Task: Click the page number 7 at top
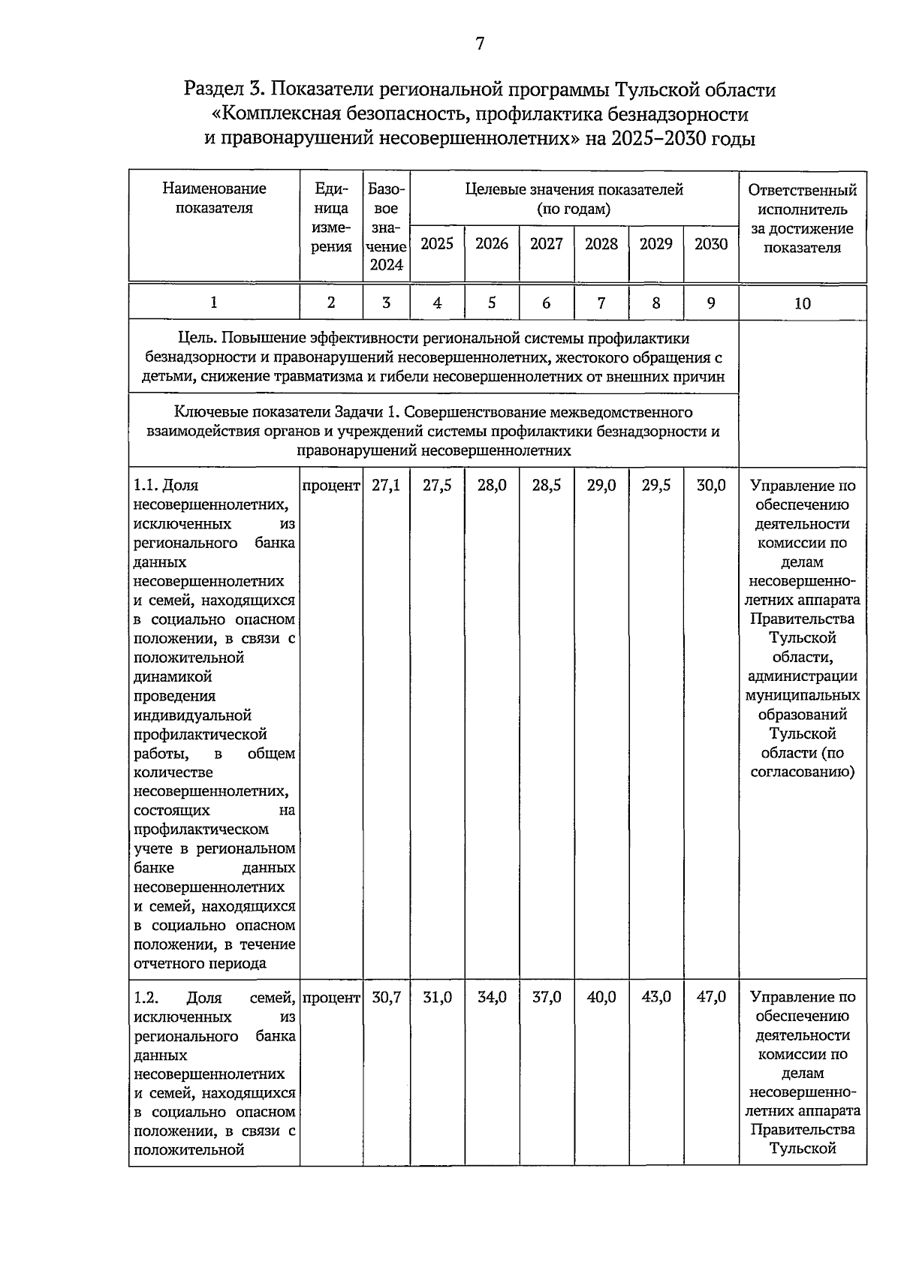(480, 44)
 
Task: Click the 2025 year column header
(437, 244)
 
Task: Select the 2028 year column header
(601, 244)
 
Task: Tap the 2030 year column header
(710, 244)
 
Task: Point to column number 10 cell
(802, 303)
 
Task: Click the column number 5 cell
(492, 303)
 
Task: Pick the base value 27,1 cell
(386, 486)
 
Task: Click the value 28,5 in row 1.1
(547, 486)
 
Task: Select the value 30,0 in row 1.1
(710, 486)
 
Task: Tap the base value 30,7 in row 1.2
(386, 998)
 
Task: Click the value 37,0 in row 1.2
(547, 998)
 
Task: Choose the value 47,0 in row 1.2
(710, 998)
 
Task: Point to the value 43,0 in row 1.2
(655, 998)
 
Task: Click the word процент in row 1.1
(331, 486)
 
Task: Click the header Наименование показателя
(214, 198)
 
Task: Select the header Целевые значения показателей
(574, 190)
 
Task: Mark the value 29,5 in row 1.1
(655, 486)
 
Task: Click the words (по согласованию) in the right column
(802, 763)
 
